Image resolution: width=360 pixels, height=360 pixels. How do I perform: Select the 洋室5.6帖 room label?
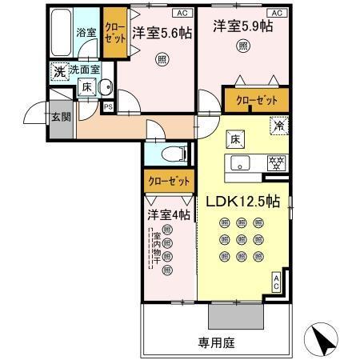click(162, 33)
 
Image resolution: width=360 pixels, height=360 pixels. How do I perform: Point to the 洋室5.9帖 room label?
click(242, 26)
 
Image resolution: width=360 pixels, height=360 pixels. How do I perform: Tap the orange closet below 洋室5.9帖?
click(256, 100)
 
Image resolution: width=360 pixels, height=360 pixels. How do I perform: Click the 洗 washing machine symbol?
click(59, 72)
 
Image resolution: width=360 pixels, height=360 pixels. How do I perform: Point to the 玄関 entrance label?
click(61, 117)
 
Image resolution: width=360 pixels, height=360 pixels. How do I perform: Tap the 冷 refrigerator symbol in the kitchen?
click(279, 125)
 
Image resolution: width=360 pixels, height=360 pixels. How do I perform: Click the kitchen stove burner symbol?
click(274, 163)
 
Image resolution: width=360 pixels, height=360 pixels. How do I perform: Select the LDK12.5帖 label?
click(244, 203)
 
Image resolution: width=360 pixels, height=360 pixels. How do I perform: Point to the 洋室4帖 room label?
click(168, 215)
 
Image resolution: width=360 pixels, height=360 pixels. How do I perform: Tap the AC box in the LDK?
click(277, 282)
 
